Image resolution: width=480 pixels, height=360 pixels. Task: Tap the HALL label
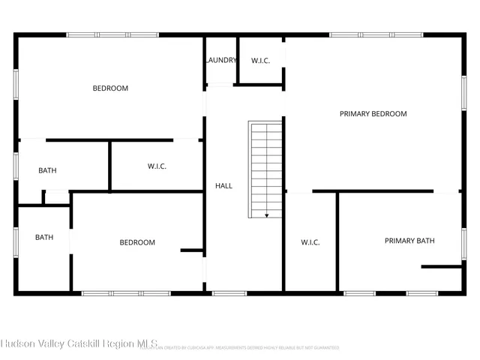223,185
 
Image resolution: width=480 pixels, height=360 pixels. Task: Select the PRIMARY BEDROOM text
373,114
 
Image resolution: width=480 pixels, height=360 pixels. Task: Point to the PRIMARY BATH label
409,241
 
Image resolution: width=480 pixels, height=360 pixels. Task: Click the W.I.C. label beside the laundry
260,61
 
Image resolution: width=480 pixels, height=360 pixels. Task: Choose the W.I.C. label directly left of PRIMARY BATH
310,242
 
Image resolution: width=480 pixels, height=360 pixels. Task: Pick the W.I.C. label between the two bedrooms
157,166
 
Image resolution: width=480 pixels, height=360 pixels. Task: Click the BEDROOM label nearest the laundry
110,88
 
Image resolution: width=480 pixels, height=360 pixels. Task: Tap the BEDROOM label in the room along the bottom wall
137,242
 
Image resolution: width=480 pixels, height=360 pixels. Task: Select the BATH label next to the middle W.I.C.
47,171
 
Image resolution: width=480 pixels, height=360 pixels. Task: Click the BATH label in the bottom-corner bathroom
44,238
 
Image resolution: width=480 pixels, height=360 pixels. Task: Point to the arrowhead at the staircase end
266,215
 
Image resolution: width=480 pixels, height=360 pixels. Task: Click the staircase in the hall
266,169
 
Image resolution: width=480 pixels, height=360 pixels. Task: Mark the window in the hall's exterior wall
229,292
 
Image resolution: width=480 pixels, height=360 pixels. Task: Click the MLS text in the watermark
146,344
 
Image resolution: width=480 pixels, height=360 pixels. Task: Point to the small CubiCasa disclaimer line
240,348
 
